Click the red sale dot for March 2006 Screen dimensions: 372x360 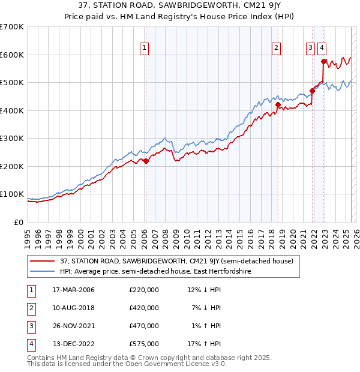click(146, 161)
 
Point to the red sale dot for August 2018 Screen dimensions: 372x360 click(278, 105)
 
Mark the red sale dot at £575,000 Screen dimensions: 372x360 click(323, 61)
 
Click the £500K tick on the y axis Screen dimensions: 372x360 click(12, 82)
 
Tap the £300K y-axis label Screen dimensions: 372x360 click(12, 138)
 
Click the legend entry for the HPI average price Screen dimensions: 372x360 click(155, 272)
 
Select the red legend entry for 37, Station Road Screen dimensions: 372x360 click(176, 261)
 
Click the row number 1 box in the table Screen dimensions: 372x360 click(31, 290)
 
